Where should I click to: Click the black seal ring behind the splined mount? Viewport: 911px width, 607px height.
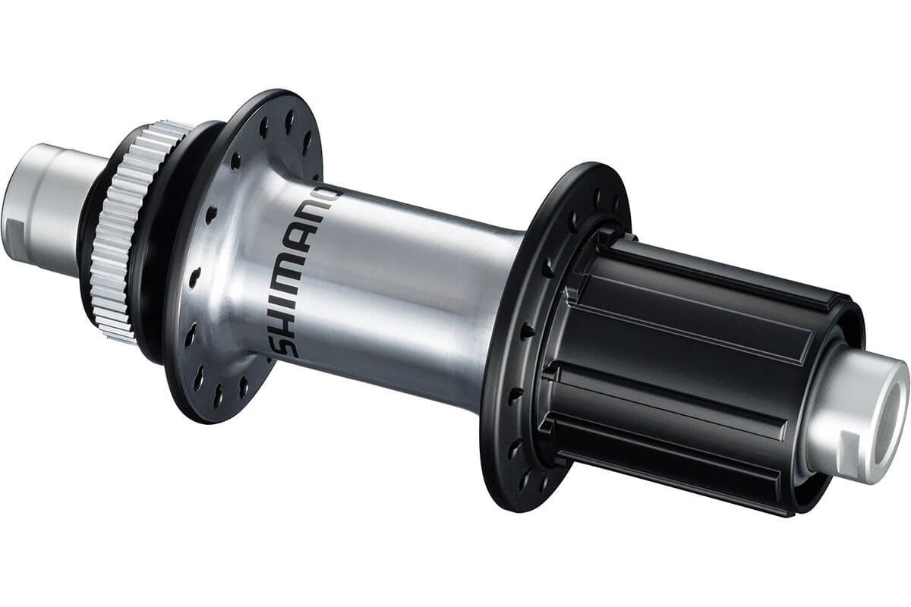pos(148,228)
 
